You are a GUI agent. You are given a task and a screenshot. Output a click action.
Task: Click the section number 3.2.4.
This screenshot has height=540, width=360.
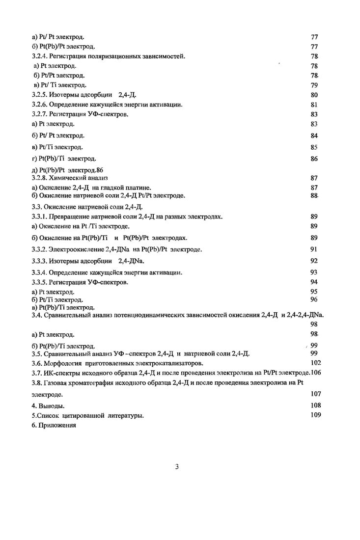(x=39, y=56)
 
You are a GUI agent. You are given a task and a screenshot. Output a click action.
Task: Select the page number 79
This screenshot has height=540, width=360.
(x=314, y=85)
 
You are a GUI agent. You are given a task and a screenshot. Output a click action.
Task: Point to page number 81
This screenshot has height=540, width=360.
(x=314, y=105)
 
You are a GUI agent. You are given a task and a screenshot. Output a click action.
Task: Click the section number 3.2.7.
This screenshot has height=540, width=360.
(x=39, y=114)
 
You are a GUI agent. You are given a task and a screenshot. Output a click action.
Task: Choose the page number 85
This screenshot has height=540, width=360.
(x=314, y=147)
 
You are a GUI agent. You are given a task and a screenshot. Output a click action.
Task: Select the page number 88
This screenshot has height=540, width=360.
(x=314, y=195)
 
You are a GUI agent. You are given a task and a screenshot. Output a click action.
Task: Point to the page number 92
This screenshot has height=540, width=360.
(x=314, y=261)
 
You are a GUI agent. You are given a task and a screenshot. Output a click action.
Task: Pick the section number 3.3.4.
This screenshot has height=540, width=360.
(x=39, y=272)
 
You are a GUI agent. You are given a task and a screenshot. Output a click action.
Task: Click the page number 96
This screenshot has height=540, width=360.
(x=314, y=299)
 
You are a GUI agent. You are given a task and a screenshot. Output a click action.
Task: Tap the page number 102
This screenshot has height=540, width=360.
(x=316, y=362)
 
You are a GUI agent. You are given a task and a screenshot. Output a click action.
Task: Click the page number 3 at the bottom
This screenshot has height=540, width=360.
(x=177, y=466)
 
